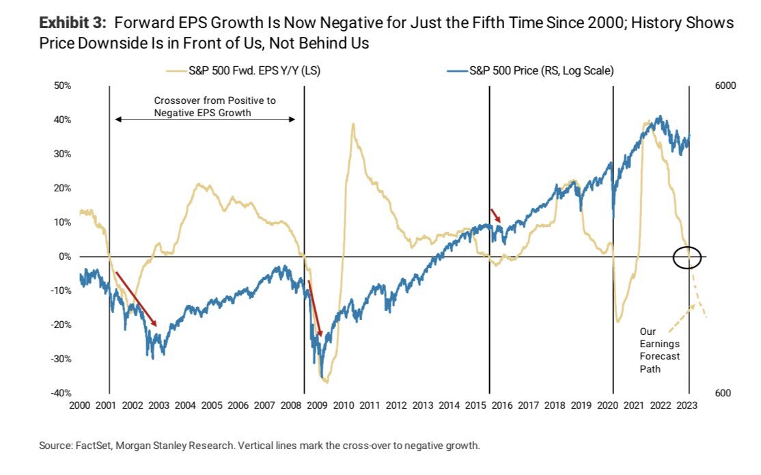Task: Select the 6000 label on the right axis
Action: point(726,86)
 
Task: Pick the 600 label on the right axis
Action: point(723,393)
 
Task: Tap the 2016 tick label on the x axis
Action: point(502,405)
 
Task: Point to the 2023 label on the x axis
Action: point(687,405)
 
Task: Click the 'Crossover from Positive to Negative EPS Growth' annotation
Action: point(205,107)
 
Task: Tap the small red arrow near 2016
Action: point(496,215)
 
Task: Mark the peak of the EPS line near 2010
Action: point(353,124)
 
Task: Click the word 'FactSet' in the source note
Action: point(92,446)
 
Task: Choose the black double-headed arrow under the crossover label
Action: point(205,120)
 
